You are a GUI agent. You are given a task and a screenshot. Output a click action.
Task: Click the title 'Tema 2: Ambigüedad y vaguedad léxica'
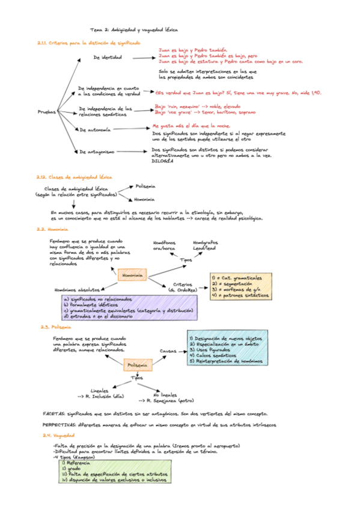(134, 29)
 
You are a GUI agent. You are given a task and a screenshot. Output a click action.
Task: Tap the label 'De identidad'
(108, 58)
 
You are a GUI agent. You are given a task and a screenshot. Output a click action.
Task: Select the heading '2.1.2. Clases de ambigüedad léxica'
(74, 177)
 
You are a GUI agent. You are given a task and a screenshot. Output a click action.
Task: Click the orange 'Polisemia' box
(137, 365)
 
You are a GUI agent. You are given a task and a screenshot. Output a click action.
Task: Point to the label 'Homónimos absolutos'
(77, 289)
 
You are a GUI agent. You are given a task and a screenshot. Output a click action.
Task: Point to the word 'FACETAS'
(55, 414)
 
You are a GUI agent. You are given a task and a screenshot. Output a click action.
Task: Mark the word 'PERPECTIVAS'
(59, 425)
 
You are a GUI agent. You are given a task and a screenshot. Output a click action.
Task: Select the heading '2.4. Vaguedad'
(58, 435)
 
